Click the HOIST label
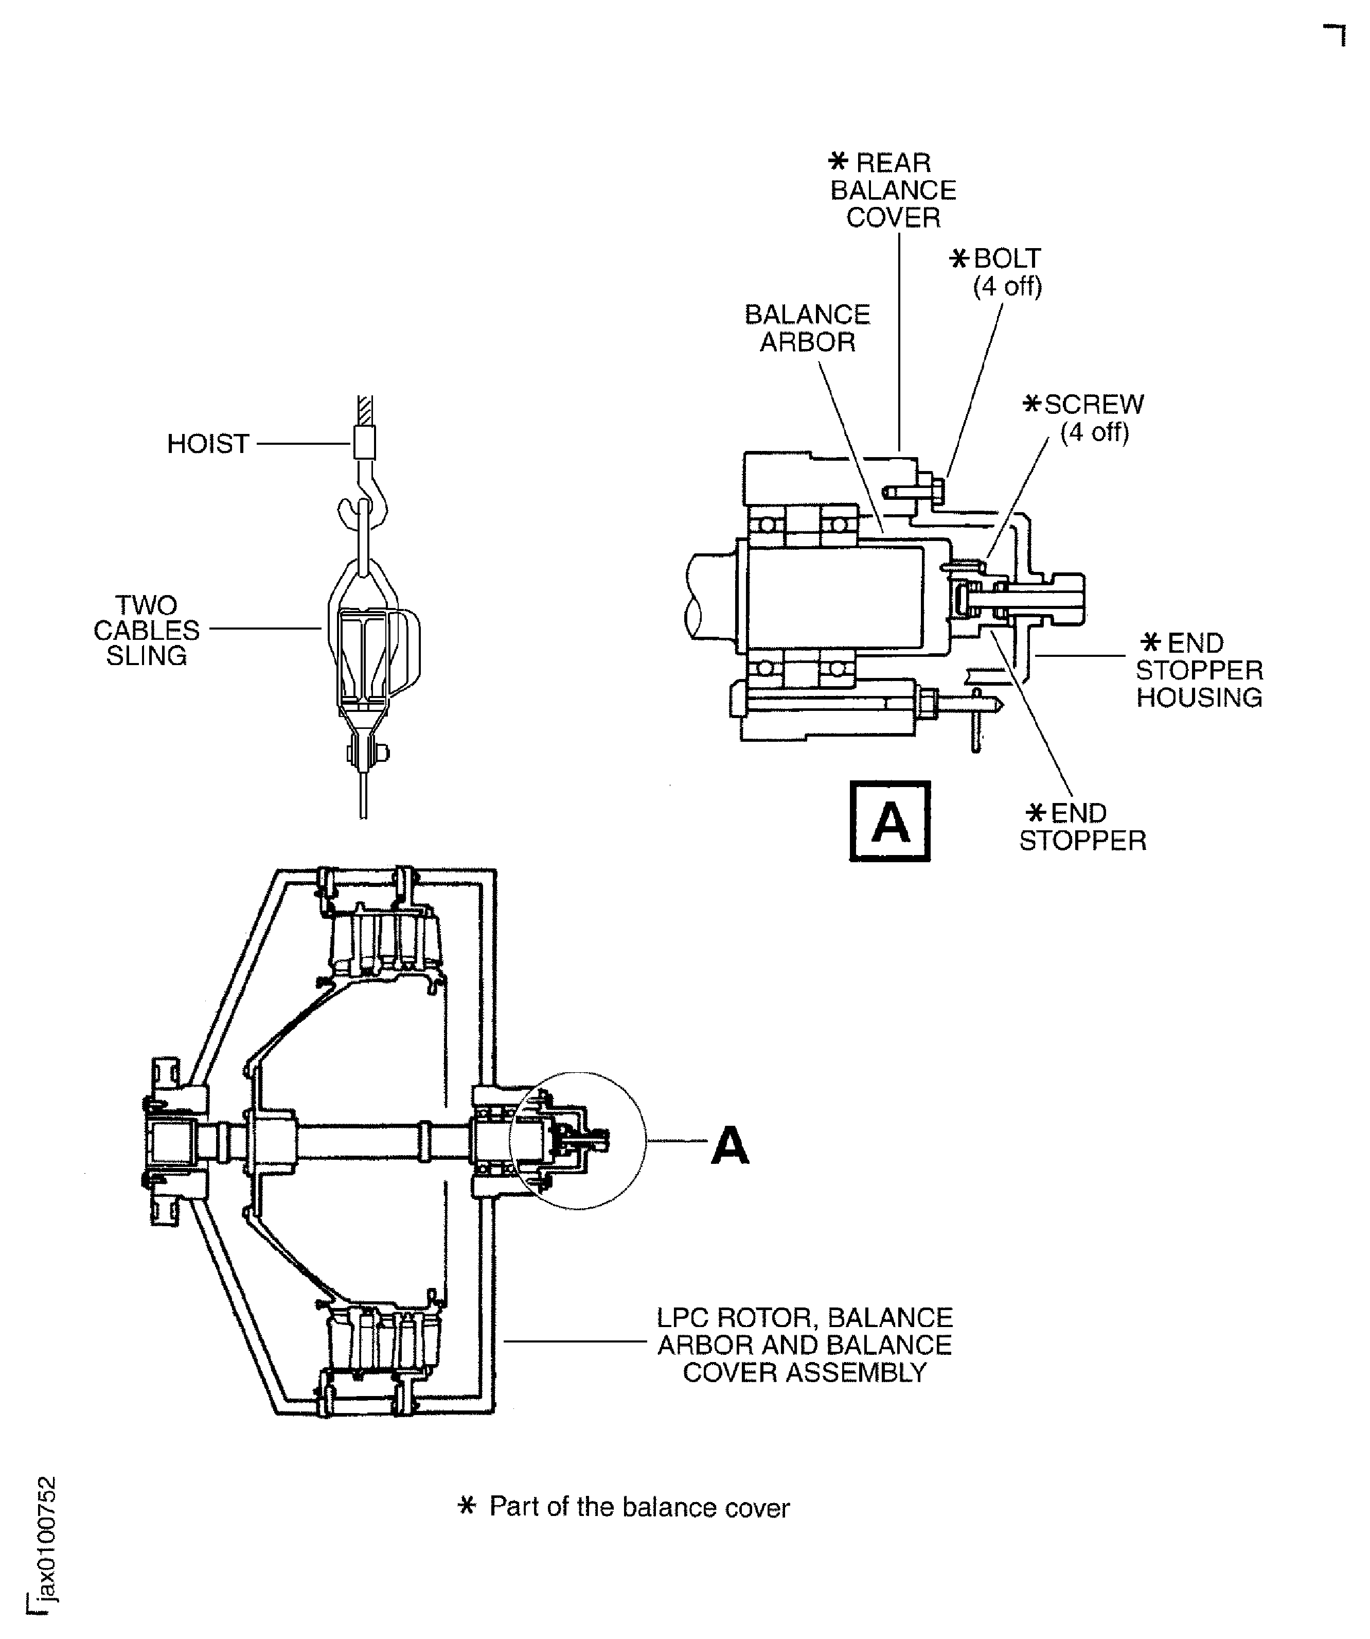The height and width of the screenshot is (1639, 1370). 207,444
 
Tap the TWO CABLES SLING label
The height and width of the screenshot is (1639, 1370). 147,631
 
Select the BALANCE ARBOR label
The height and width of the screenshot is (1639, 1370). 808,328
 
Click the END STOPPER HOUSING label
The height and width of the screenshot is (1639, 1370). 1199,670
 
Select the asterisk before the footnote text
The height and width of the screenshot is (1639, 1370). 467,1506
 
